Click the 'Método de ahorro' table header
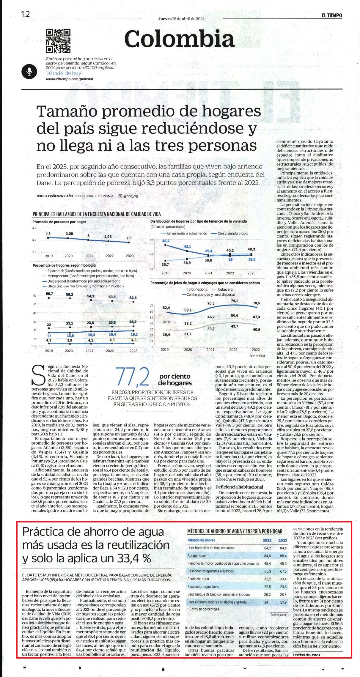(x=201, y=540)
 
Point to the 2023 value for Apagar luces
(x=283, y=555)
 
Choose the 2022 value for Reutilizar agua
(x=268, y=579)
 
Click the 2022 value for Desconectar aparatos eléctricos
(x=268, y=571)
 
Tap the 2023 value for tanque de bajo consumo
(x=283, y=594)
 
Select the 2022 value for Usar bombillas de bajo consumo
(x=268, y=548)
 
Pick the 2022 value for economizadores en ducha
(x=266, y=602)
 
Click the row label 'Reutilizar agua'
(x=198, y=579)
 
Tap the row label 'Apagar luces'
(x=197, y=555)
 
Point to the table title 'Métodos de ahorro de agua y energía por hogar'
(x=235, y=531)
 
